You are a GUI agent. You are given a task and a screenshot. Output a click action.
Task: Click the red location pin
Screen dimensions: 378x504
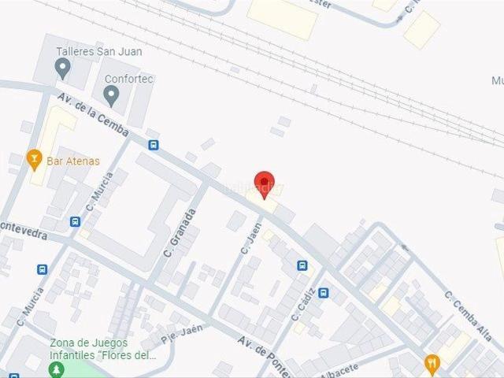265,183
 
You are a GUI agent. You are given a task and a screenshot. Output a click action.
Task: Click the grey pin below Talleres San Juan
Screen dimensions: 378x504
63,69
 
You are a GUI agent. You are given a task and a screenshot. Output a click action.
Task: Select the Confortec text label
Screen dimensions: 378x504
129,80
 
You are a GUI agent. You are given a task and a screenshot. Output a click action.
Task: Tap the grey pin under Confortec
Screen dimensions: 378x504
111,97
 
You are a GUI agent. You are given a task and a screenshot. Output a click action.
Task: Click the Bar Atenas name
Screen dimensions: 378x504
73,161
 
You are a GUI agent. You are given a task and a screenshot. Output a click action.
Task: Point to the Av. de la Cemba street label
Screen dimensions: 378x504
93,113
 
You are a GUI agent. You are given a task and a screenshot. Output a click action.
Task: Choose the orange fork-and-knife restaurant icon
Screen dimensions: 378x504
432,363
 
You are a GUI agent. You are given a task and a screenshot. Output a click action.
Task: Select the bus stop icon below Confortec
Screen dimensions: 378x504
154,145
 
